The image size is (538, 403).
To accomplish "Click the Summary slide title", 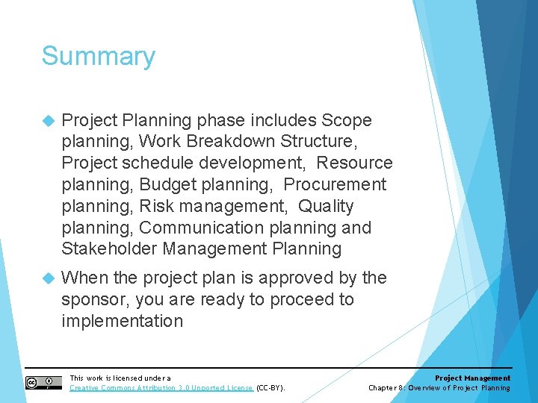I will [98, 57].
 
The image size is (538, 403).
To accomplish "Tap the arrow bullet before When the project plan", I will [48, 278].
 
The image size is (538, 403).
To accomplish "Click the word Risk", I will [158, 206].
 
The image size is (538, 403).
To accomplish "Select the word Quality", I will [326, 206].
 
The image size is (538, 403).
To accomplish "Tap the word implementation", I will [122, 322].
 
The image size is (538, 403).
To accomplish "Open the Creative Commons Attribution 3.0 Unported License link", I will [161, 388].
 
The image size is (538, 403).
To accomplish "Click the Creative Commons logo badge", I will [43, 383].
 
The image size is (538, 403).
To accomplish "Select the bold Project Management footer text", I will [472, 378].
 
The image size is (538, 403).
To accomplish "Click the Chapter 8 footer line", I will [439, 388].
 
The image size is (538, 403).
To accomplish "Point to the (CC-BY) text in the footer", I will [270, 388].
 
